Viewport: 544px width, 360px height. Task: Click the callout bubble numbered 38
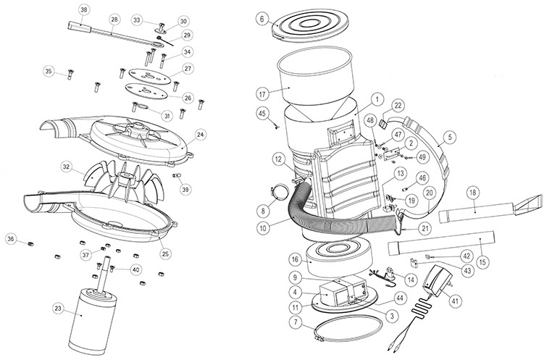point(85,9)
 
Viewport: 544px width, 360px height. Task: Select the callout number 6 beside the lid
point(261,19)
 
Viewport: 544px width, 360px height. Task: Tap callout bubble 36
point(11,238)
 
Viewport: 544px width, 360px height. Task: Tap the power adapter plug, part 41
point(438,279)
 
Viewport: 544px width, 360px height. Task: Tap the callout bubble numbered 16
point(295,258)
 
